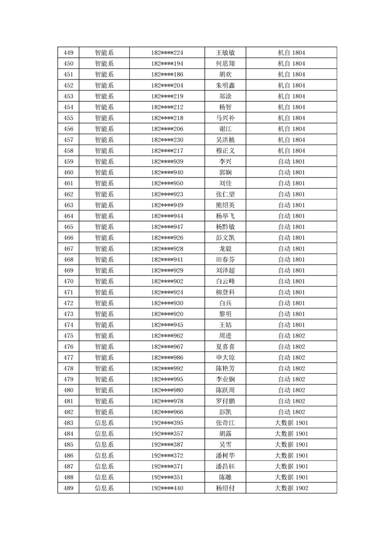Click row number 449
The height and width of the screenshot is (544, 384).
69,52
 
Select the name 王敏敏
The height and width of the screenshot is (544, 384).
225,52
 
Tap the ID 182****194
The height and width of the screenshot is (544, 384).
167,64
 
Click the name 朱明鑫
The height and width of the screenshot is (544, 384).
225,85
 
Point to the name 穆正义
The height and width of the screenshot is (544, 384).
225,151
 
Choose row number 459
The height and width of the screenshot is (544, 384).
69,161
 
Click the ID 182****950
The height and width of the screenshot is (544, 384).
167,183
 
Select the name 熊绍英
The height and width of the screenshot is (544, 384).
225,205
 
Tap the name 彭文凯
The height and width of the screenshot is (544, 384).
225,238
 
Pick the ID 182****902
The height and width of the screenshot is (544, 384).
167,281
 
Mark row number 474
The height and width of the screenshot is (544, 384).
69,325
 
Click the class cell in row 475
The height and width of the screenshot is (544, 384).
291,336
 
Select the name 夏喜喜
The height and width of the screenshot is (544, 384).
225,347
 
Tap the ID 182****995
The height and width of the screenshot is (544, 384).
167,379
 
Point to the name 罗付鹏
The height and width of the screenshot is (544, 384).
225,401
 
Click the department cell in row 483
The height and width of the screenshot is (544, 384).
104,423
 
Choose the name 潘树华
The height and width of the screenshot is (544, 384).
225,455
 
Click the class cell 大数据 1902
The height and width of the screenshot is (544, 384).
291,488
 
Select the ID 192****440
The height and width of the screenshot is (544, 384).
167,488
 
